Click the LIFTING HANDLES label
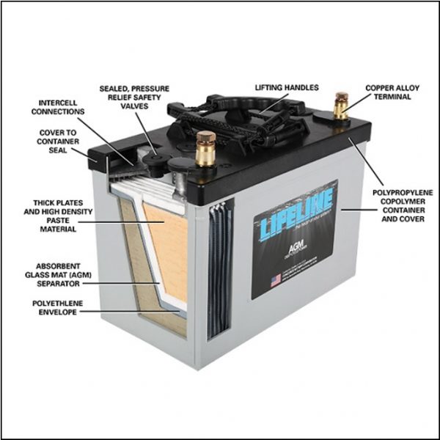point(286,87)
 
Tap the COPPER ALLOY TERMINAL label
point(392,92)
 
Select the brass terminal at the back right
point(340,102)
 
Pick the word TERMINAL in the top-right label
point(392,98)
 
